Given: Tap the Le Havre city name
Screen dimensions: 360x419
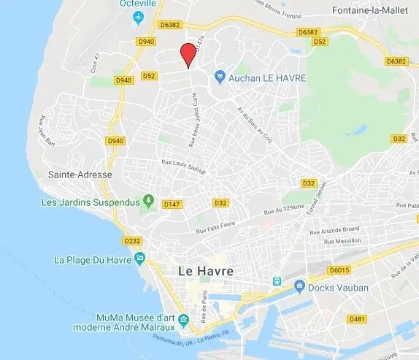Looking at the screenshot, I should click(206, 271).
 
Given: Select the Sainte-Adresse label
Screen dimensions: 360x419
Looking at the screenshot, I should click(80, 175).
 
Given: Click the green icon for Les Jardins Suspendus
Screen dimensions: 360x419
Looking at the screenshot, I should click(149, 200).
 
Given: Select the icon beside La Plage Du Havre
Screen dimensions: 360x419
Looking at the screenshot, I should click(139, 258).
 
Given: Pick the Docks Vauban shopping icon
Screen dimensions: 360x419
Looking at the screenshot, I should click(299, 288).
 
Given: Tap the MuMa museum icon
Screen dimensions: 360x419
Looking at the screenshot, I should click(182, 318).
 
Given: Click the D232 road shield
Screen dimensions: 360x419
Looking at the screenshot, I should click(132, 240).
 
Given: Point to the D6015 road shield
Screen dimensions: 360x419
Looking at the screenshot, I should click(339, 270).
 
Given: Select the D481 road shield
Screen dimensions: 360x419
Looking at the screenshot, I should click(357, 319).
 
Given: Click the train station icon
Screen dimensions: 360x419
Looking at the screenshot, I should click(277, 281).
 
